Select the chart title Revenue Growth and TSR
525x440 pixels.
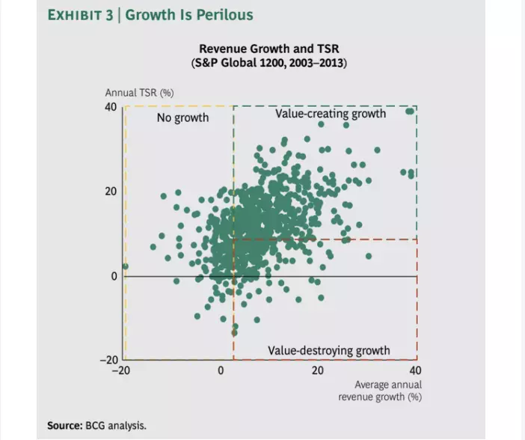click(x=269, y=49)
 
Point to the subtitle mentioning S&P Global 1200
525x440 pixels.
click(x=269, y=62)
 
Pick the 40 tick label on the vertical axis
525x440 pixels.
click(x=111, y=107)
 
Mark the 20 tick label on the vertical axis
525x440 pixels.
click(x=111, y=192)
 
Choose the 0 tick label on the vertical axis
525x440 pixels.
click(x=114, y=276)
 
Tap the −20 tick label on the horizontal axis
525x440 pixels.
click(x=123, y=370)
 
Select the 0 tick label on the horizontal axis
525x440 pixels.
click(x=221, y=370)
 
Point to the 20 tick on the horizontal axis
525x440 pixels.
click(x=319, y=370)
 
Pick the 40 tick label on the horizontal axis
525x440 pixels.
click(x=416, y=370)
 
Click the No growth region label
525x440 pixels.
click(x=182, y=117)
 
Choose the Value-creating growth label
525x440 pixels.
click(x=331, y=114)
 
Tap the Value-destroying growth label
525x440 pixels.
click(x=329, y=350)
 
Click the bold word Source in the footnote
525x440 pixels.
click(x=64, y=425)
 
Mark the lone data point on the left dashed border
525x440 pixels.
click(x=125, y=266)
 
